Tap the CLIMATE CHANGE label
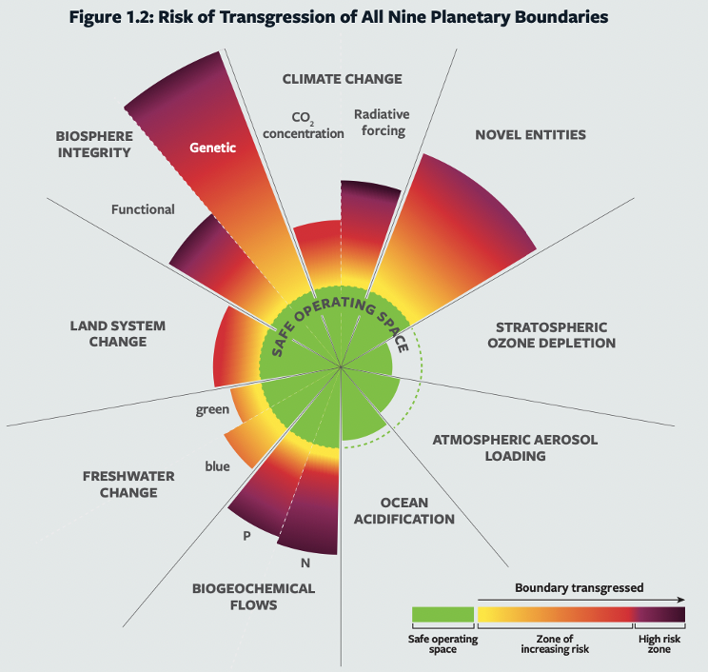(342, 79)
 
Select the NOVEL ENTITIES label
(530, 134)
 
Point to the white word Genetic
(212, 148)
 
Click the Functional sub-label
(143, 209)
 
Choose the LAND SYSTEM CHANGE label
(117, 333)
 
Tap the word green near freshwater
(211, 410)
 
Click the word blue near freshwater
(217, 466)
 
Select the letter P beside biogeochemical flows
(246, 536)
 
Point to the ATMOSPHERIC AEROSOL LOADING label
(502, 447)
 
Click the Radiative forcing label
(380, 123)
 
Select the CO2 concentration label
(304, 126)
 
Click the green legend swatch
(442, 614)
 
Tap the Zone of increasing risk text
(555, 643)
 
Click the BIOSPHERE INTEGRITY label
(93, 143)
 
